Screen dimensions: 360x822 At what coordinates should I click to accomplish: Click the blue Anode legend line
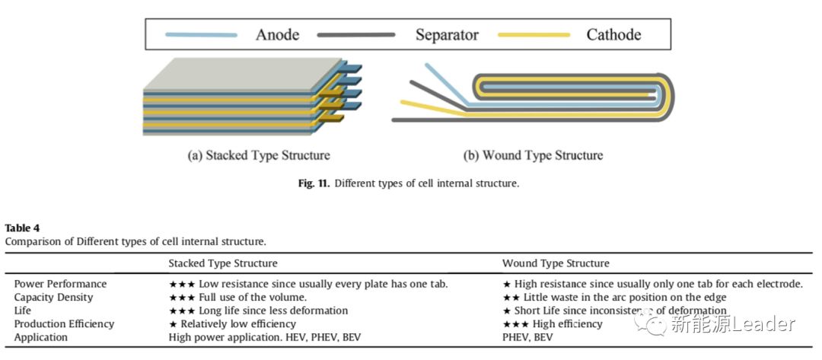pos(201,35)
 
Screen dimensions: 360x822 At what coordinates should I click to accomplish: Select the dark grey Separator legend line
pos(355,35)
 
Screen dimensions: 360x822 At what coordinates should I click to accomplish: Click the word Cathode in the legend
pos(613,35)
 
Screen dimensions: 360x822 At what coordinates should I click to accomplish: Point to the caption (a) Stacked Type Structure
pos(259,155)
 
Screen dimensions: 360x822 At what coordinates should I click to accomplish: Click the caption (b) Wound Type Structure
pos(533,155)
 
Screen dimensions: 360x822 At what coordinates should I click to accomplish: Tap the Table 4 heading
pos(22,228)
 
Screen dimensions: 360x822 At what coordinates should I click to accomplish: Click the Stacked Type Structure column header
pos(223,263)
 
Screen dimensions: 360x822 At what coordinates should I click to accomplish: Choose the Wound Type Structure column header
pos(556,263)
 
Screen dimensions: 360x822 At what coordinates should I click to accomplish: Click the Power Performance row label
pos(61,284)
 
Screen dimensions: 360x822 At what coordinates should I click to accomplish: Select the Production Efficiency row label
pos(64,324)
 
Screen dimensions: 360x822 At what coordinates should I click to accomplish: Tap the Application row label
pos(41,337)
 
